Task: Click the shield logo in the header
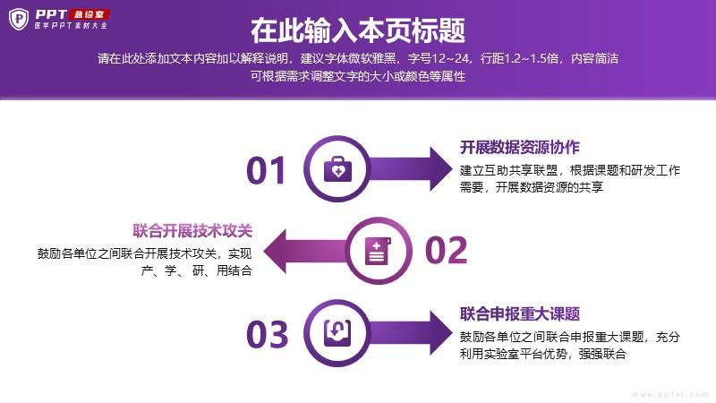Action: [19, 19]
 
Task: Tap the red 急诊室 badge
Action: [90, 14]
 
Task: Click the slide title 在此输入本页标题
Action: [358, 30]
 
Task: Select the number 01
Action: [266, 170]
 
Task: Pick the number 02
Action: [446, 251]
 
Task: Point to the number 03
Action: [267, 334]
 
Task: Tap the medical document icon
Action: [378, 251]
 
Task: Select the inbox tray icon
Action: [337, 332]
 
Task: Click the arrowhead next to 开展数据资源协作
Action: [440, 168]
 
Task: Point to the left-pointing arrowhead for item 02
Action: [275, 251]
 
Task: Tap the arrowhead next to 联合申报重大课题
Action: [440, 332]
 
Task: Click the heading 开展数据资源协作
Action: [520, 147]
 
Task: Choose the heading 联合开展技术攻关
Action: [192, 231]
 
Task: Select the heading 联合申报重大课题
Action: [520, 314]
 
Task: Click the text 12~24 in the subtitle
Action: [450, 58]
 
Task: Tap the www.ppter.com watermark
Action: [670, 394]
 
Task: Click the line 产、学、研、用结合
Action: [196, 270]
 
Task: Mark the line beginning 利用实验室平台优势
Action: [542, 354]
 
